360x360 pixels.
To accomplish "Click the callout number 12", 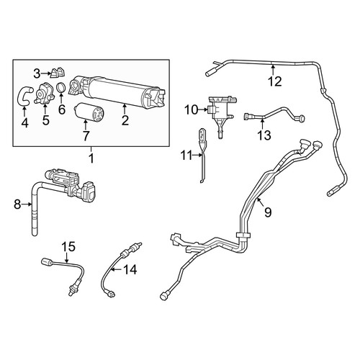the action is click(x=275, y=81).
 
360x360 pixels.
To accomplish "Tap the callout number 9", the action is click(x=268, y=212).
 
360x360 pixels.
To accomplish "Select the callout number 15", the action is click(x=68, y=246).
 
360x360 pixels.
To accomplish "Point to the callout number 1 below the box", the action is click(x=91, y=158).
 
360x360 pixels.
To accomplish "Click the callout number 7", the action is click(x=86, y=136).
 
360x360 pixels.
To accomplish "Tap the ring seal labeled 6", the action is click(x=62, y=87).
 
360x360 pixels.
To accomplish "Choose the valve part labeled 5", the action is click(x=45, y=93).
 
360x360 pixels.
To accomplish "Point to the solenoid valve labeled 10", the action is click(x=222, y=113).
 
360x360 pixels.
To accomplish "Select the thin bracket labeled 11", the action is click(x=202, y=156).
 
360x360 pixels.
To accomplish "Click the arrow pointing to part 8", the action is click(x=27, y=204).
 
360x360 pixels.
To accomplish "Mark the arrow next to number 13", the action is click(x=262, y=124).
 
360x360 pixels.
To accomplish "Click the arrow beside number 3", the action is click(x=46, y=73).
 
